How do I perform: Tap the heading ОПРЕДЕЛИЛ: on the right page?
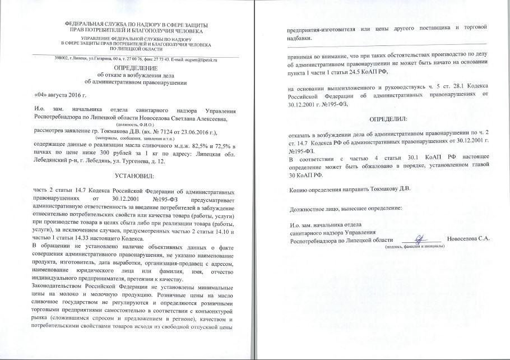click(x=387, y=119)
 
